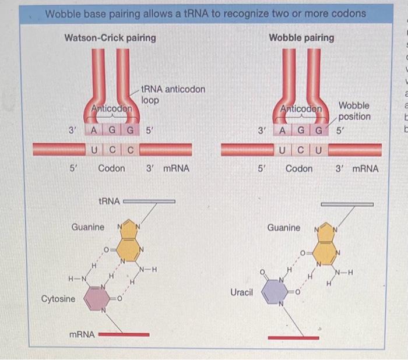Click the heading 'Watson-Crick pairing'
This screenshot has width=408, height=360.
click(110, 38)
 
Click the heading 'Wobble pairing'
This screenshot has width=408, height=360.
click(301, 38)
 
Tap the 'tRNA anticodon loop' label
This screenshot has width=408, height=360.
click(173, 94)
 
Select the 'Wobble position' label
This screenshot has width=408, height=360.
click(354, 111)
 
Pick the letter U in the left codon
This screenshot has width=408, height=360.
click(94, 149)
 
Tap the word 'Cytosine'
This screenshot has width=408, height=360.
click(58, 299)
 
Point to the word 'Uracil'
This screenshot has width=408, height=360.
click(241, 291)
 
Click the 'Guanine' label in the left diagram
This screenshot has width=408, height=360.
click(88, 227)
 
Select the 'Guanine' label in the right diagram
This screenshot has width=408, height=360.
click(284, 227)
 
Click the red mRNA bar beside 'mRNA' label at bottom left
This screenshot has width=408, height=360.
click(124, 335)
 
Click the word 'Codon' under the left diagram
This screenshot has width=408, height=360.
click(111, 169)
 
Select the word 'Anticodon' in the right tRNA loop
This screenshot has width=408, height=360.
click(301, 109)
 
